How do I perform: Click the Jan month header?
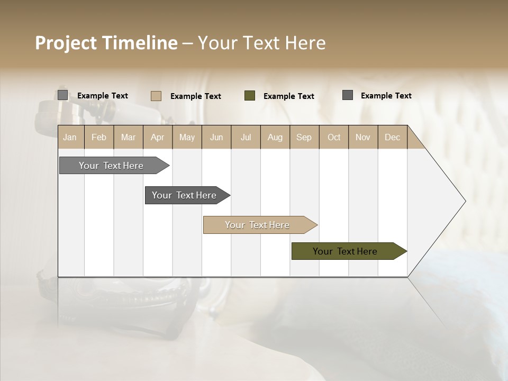[x=70, y=137]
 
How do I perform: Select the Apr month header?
[x=158, y=137]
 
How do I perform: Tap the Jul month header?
[x=246, y=137]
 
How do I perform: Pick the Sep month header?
[x=304, y=137]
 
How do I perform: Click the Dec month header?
[x=392, y=137]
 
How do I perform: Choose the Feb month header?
[x=99, y=137]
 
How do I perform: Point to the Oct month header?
[x=334, y=137]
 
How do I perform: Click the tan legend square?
[x=156, y=96]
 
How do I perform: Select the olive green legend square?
[x=250, y=96]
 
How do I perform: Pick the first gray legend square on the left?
[x=63, y=95]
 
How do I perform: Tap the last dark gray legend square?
[x=348, y=95]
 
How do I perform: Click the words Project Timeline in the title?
[x=106, y=43]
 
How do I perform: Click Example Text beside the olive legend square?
[x=289, y=96]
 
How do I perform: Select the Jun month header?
[x=216, y=137]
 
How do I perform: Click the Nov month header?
[x=363, y=137]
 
